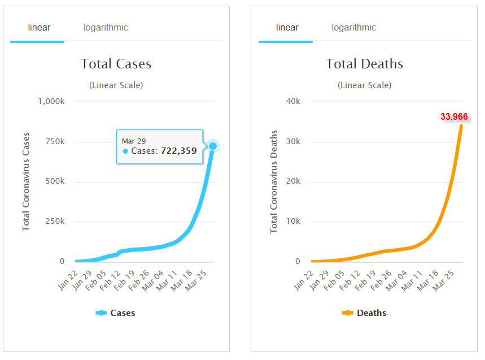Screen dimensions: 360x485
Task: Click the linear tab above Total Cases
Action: point(39,28)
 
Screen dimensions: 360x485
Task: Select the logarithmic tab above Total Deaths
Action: point(353,28)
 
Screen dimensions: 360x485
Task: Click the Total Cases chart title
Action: point(116,64)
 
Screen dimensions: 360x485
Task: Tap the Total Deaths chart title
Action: point(364,64)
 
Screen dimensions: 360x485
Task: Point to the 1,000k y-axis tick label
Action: point(51,101)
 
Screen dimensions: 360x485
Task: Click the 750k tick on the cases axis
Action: point(55,141)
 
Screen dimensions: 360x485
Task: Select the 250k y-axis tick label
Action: point(55,222)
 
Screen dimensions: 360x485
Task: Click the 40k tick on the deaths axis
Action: point(293,101)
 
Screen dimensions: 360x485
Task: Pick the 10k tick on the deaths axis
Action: point(293,222)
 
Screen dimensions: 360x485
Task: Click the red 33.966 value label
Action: point(454,117)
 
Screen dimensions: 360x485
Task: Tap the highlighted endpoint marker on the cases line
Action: point(213,146)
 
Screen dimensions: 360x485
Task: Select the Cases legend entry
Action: point(116,313)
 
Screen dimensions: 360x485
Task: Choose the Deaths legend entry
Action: point(365,313)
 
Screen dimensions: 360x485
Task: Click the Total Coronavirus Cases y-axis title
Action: point(26,182)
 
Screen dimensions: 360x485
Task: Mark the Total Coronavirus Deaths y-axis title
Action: point(274,182)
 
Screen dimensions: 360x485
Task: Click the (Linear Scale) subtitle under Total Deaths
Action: point(364,85)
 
